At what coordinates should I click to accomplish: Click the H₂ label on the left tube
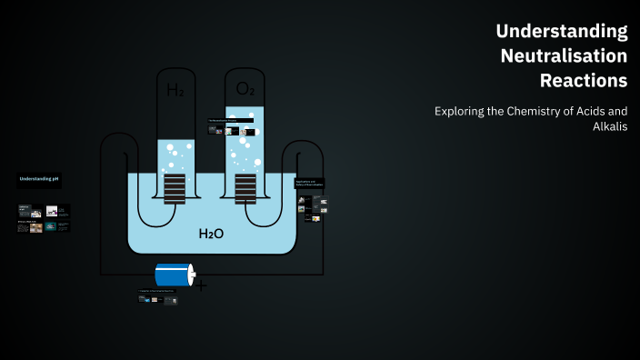point(175,90)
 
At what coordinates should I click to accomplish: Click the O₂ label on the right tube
point(245,88)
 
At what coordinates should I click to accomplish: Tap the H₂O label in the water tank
point(211,234)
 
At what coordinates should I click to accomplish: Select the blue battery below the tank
point(173,275)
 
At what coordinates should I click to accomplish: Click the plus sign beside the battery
point(200,285)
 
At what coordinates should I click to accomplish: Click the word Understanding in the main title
point(561,31)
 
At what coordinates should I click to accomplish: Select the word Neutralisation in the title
point(564,55)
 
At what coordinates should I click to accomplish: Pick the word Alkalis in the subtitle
point(610,126)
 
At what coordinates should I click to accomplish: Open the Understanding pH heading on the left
point(39,179)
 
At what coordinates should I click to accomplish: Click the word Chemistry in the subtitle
point(526,112)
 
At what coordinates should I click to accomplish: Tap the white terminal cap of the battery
point(191,275)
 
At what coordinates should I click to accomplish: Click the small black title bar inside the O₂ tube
point(230,120)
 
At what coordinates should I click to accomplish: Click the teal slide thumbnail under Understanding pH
point(51,226)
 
